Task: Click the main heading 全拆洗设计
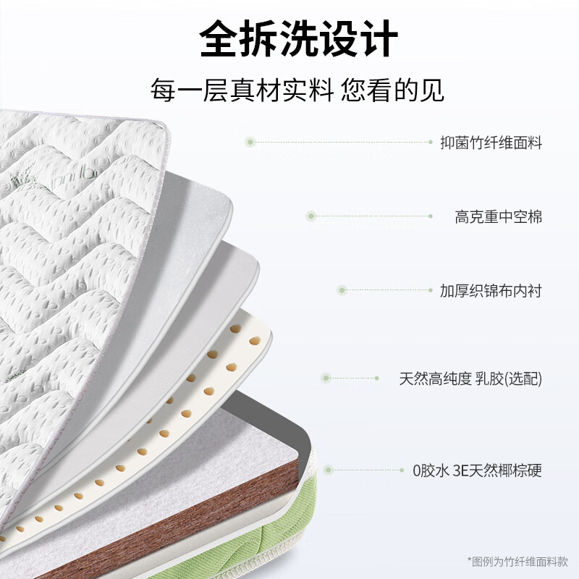point(298,38)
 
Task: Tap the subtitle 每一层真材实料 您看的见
point(297,90)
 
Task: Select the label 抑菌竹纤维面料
point(491,143)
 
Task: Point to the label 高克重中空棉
point(498,216)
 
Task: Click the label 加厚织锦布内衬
point(491,291)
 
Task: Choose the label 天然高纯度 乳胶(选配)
point(470,379)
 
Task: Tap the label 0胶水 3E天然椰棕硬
point(477,471)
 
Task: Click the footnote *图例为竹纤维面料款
point(517,562)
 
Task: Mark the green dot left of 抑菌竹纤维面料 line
point(250,142)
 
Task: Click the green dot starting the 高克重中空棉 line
point(311,216)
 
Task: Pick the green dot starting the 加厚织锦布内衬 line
point(342,290)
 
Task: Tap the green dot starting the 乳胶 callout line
point(326,378)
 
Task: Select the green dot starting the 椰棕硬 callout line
point(329,470)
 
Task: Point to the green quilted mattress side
point(258,543)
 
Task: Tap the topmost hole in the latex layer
point(235,329)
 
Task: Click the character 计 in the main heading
point(379,38)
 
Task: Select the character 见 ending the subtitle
point(431,90)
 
